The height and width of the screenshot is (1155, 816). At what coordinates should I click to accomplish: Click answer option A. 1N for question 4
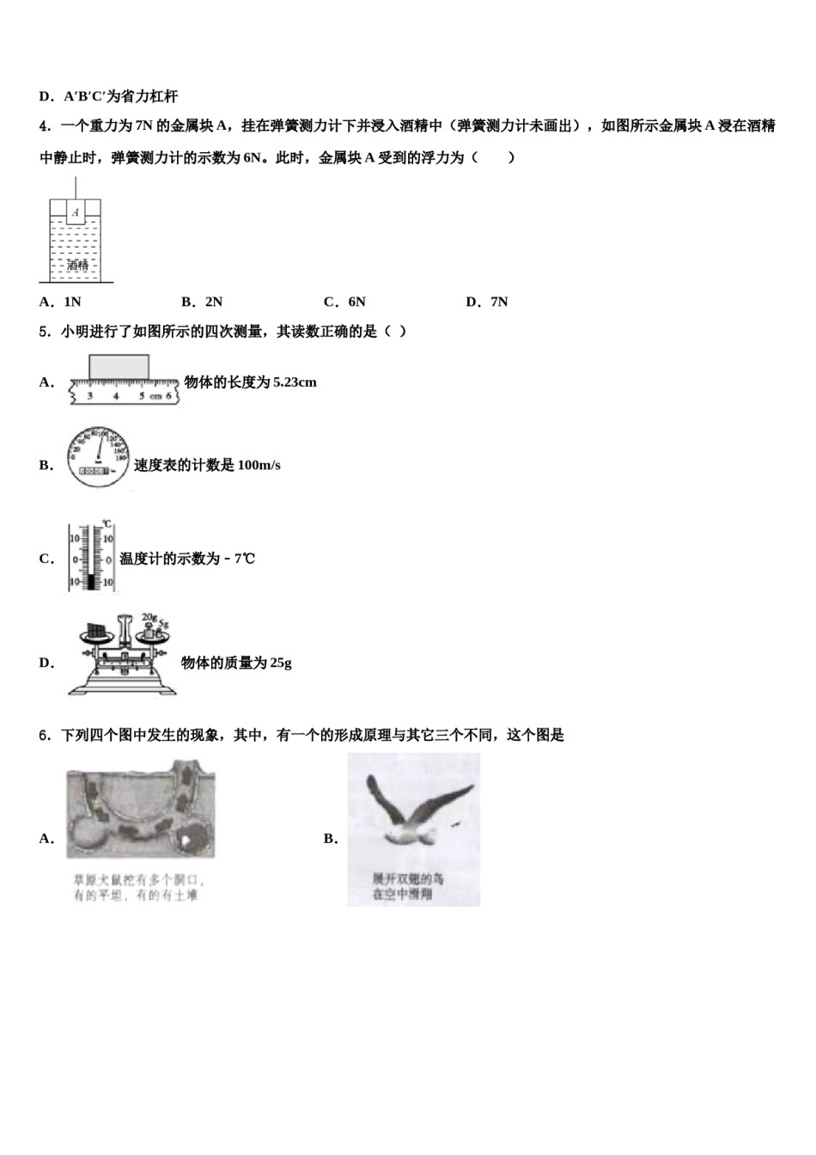point(60,302)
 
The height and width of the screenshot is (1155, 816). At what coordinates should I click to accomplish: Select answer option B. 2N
point(202,302)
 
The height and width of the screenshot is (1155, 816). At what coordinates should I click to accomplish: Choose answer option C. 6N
point(344,302)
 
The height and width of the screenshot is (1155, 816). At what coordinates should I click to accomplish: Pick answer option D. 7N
point(487,302)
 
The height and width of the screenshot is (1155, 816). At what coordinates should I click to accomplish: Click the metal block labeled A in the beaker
point(76,211)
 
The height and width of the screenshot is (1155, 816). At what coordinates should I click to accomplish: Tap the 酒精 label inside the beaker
point(77,266)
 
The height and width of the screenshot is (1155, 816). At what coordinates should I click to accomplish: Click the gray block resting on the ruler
point(119,366)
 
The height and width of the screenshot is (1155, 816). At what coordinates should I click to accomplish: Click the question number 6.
point(44,736)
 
